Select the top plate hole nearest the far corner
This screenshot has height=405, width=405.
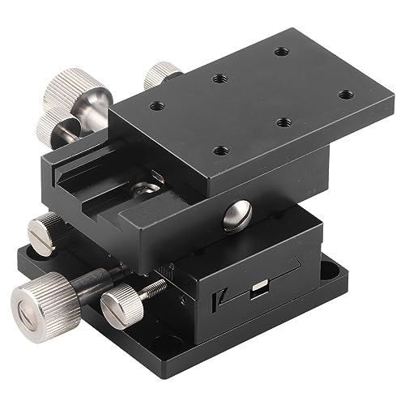[281, 52]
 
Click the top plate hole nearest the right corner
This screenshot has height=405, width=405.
[346, 95]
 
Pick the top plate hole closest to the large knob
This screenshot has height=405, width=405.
[154, 106]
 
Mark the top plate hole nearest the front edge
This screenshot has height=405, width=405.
[219, 151]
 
